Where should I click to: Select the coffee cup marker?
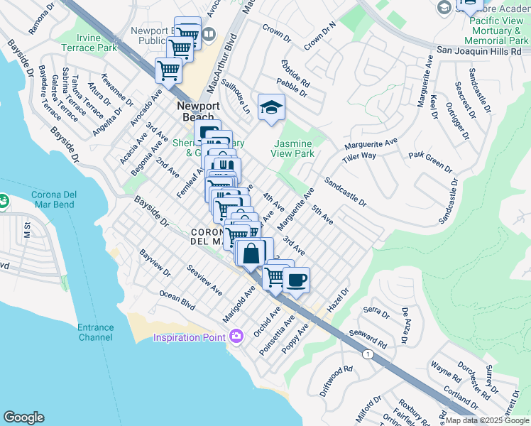[x=295, y=278]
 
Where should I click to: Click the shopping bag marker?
[x=253, y=252]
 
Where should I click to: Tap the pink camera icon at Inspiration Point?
[x=236, y=336]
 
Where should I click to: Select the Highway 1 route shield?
[x=367, y=354]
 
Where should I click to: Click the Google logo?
[x=23, y=417]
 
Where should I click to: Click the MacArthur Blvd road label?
[x=229, y=69]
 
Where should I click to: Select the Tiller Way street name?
[x=358, y=157]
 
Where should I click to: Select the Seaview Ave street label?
[x=204, y=281]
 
